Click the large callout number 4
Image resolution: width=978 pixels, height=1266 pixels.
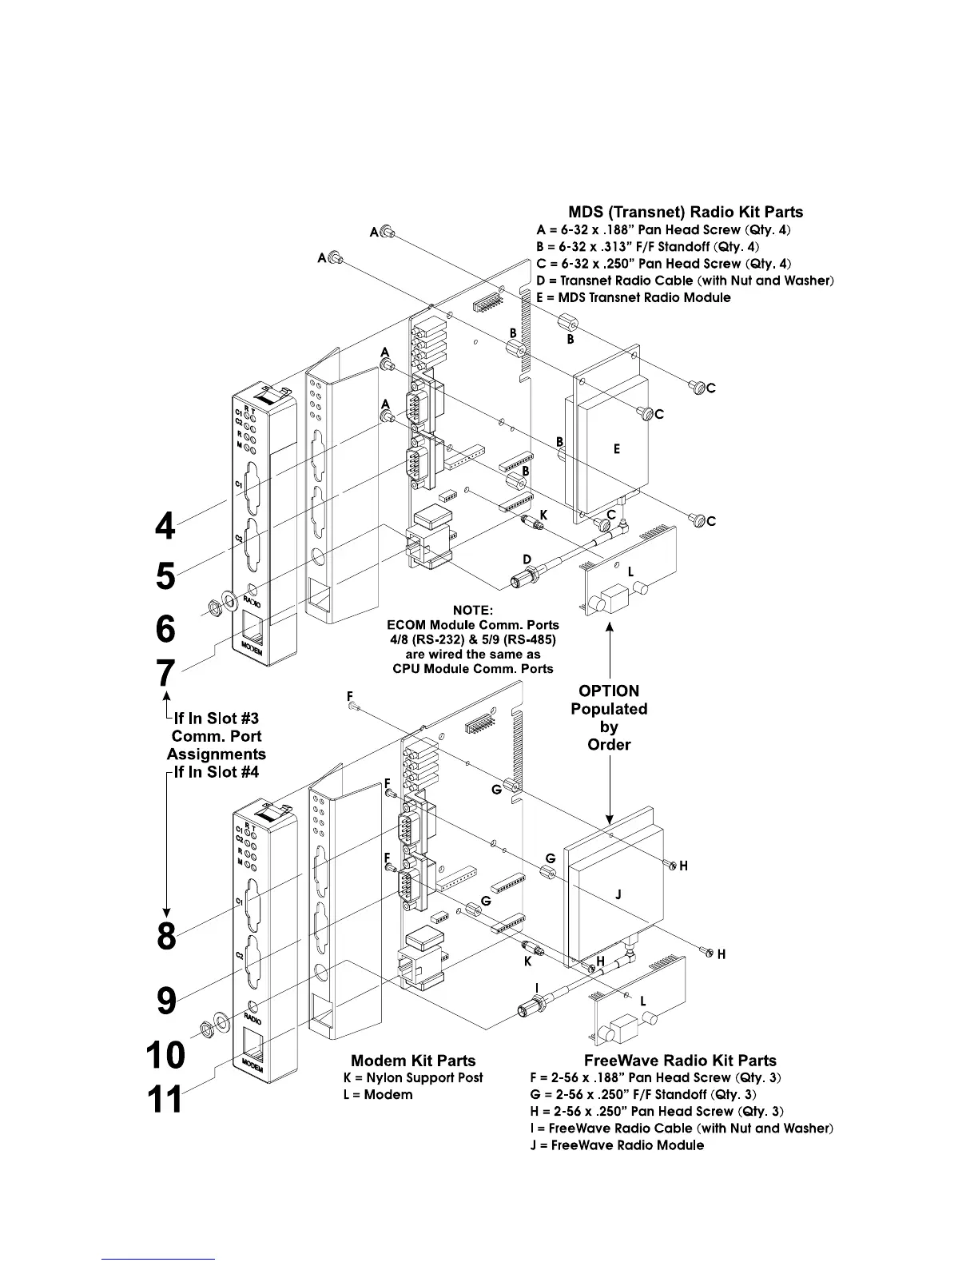click(x=165, y=526)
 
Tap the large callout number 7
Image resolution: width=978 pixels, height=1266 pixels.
click(x=165, y=673)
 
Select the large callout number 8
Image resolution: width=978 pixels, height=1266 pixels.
click(x=166, y=936)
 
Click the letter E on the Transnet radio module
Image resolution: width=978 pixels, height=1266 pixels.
click(x=617, y=450)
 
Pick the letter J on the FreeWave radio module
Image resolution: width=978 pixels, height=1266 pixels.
click(x=618, y=896)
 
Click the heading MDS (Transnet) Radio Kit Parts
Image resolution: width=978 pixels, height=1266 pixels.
click(x=685, y=212)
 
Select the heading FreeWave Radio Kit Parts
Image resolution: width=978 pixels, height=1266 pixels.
click(x=680, y=1061)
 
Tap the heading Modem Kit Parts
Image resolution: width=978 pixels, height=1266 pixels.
click(x=413, y=1061)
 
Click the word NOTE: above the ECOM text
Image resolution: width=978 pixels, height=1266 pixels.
click(x=472, y=611)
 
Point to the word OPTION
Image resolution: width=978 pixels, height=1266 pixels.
click(x=609, y=691)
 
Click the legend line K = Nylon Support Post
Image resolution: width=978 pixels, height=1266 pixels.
click(x=413, y=1077)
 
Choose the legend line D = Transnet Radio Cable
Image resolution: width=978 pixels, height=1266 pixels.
click(x=686, y=281)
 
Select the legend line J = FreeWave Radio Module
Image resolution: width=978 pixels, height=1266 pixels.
click(x=627, y=1145)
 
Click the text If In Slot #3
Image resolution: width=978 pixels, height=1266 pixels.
click(x=215, y=719)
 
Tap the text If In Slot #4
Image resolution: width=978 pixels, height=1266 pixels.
click(x=216, y=772)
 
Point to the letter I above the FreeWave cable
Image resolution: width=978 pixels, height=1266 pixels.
click(x=537, y=988)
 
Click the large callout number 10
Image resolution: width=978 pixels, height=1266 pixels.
click(x=165, y=1055)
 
